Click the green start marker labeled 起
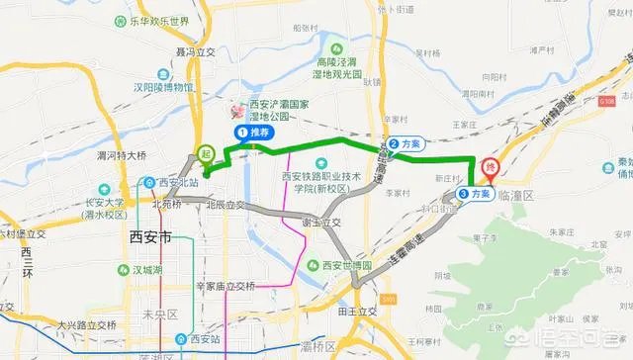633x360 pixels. click(205, 154)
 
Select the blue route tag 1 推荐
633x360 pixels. click(254, 132)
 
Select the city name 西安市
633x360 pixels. click(151, 238)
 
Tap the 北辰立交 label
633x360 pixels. click(226, 206)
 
